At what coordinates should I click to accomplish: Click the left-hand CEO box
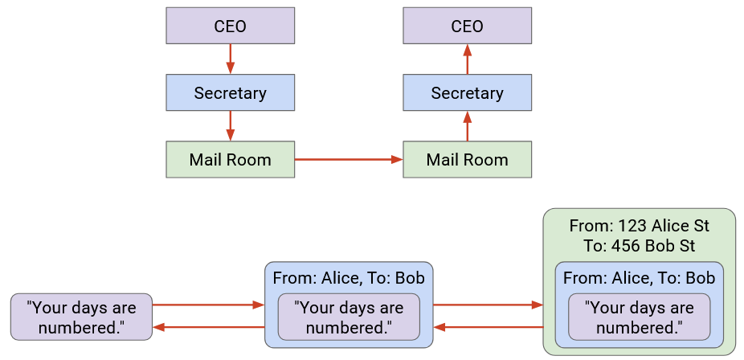coord(230,27)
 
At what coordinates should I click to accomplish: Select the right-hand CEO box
coord(467,27)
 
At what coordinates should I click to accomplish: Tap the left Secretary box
coord(230,92)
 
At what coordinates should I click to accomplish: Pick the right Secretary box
coord(467,92)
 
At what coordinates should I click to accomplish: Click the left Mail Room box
coord(230,159)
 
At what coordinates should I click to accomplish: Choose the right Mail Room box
coord(467,159)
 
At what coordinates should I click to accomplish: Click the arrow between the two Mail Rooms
coord(348,159)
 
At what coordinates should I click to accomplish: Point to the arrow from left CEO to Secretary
coord(230,59)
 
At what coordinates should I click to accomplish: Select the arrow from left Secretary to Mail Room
coord(230,125)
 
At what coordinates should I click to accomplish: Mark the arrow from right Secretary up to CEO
coord(467,59)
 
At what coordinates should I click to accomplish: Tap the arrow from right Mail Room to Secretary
coord(467,125)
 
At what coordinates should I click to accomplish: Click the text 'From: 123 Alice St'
coord(639,226)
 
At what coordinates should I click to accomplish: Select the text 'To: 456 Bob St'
coord(639,246)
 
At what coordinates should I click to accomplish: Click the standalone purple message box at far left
coord(81,317)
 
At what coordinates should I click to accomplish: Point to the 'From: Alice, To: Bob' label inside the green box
coord(639,278)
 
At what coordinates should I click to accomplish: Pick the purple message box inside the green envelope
coord(639,317)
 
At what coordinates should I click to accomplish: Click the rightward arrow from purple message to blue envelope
coord(208,305)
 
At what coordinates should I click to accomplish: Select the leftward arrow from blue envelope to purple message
coord(208,327)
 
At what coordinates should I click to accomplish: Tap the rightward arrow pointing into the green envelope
coord(488,305)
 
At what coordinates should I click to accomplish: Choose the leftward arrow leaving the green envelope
coord(488,327)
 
